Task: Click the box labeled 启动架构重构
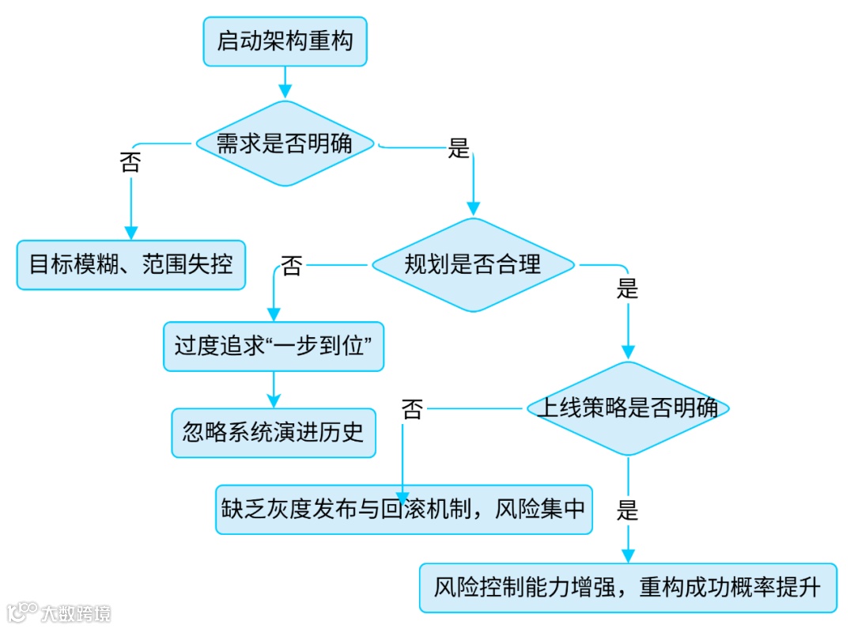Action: [x=285, y=41]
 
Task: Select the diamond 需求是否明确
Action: [x=285, y=143]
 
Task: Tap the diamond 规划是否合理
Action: [x=473, y=264]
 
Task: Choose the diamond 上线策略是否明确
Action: [x=628, y=408]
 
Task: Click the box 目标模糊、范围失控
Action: [x=131, y=263]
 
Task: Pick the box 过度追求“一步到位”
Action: [x=274, y=347]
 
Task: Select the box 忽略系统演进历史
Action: [x=274, y=432]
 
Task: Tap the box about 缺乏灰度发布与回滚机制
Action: [x=403, y=509]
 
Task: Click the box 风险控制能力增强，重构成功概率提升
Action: [x=628, y=588]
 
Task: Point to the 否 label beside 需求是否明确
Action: [x=130, y=162]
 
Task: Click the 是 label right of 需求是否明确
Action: [x=459, y=148]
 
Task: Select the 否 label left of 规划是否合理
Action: [x=292, y=266]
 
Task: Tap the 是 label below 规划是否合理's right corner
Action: [x=627, y=289]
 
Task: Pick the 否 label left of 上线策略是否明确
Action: [x=412, y=409]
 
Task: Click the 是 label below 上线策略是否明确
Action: [x=627, y=510]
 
